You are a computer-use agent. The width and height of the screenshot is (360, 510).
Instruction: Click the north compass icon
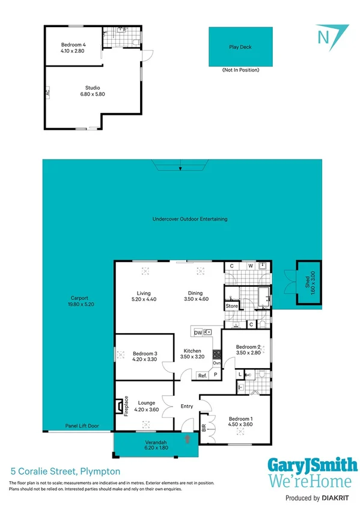(x=325, y=35)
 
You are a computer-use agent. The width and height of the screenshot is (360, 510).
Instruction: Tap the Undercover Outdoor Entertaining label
(x=190, y=219)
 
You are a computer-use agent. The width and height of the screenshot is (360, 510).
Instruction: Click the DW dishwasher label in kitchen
(x=198, y=332)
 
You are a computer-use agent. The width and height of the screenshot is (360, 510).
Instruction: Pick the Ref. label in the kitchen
(x=203, y=375)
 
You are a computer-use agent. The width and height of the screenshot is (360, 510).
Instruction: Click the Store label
(x=231, y=306)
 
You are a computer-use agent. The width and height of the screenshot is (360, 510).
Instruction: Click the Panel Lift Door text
(x=82, y=426)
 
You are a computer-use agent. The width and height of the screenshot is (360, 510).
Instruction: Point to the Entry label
(x=187, y=406)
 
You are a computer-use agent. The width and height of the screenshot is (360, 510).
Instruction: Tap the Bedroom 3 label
(x=144, y=356)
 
